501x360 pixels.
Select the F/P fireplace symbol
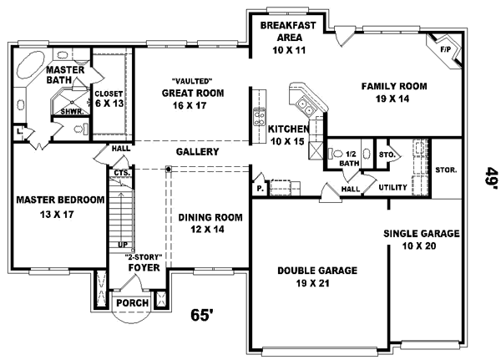click(444, 50)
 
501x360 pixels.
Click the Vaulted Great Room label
click(193, 93)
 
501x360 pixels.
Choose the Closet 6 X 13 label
click(109, 99)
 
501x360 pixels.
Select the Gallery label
click(197, 152)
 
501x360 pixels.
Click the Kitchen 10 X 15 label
click(288, 135)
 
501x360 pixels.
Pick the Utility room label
click(392, 188)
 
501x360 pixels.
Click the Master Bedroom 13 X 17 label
click(59, 206)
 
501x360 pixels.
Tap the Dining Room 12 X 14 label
click(210, 223)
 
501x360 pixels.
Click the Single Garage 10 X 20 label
click(421, 240)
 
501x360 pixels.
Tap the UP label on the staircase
click(123, 245)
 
